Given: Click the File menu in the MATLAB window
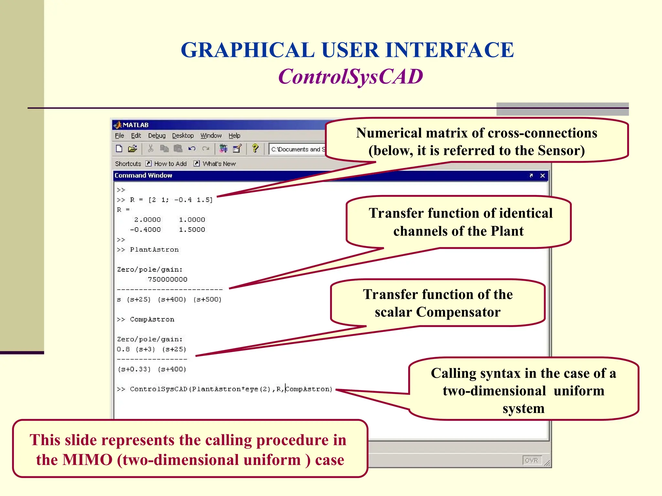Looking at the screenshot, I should pos(119,136).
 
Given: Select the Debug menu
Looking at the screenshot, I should pos(157,136).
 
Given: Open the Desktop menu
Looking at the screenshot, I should pos(183,136).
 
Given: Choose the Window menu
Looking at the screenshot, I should pos(211,136).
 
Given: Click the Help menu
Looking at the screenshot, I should pos(234,136).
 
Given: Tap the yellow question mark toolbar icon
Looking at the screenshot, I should pos(255,149).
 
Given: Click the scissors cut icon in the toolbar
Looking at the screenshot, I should pos(151,149).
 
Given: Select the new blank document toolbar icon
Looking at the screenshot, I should pos(119,149).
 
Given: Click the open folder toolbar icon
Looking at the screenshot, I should pos(132,149).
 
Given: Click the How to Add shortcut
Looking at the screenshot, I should pos(170,164).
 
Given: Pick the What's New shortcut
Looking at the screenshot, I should pos(219,164).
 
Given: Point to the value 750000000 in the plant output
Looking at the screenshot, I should pos(167,279).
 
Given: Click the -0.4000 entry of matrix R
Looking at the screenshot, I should pos(145,230).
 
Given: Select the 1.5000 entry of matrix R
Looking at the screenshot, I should pos(192,230).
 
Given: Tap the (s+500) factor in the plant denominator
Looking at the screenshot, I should pos(208,299).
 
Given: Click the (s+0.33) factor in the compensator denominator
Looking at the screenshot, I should pos(134,369).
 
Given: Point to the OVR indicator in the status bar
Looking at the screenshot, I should pos(531,460).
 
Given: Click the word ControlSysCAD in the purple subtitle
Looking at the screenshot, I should pos(350,77).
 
